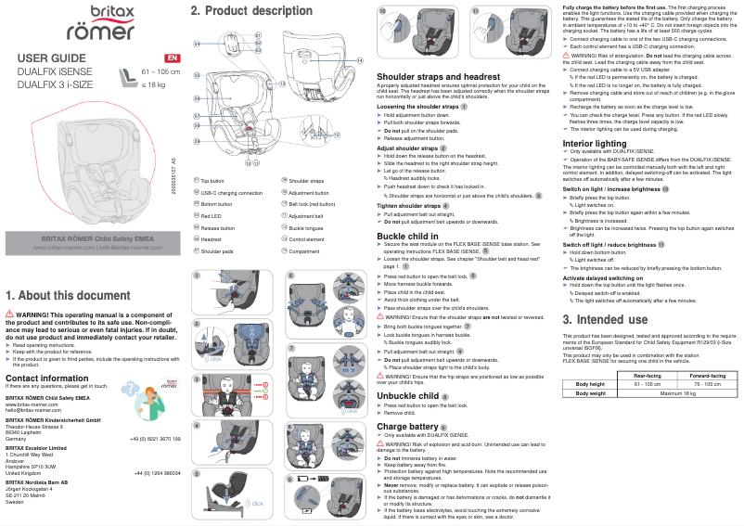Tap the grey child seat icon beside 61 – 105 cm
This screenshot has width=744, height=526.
point(122,77)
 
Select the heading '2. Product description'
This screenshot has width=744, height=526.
point(250,10)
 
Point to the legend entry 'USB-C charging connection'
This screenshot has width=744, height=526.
point(231,192)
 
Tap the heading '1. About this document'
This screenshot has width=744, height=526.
point(68,296)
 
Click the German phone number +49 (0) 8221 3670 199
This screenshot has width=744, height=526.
point(156,438)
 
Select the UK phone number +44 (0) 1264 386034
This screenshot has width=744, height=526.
point(156,473)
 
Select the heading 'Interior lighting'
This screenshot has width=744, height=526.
point(595,144)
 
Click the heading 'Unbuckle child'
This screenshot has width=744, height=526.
point(407,395)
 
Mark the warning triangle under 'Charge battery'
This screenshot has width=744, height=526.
point(381,443)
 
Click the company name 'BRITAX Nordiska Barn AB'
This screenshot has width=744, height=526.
point(43,482)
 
